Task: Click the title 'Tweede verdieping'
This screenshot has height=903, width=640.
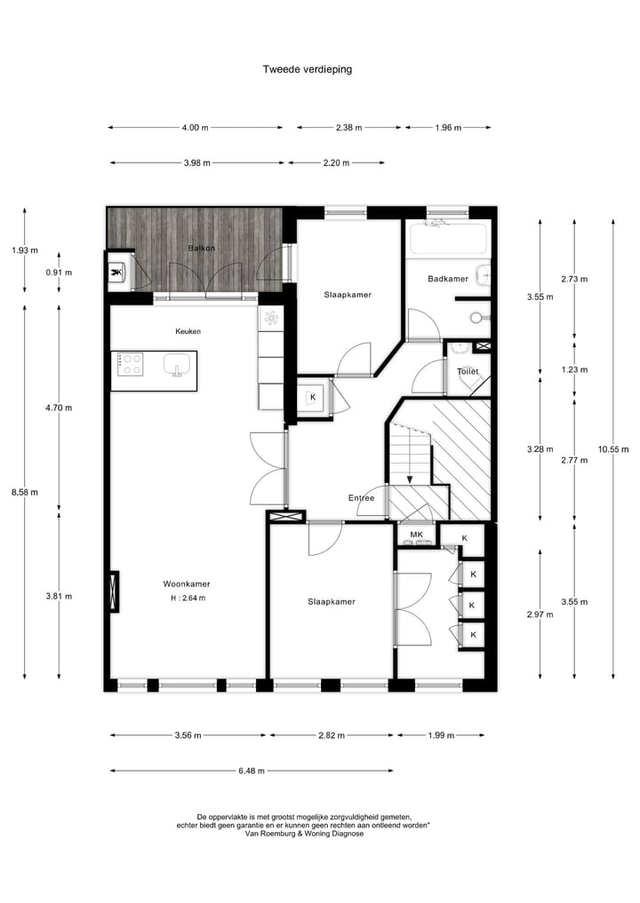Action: pyautogui.click(x=307, y=68)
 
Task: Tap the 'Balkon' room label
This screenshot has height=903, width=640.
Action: pyautogui.click(x=201, y=248)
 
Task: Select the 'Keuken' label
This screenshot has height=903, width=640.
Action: pyautogui.click(x=188, y=331)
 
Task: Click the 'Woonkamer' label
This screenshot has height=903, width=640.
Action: pyautogui.click(x=187, y=584)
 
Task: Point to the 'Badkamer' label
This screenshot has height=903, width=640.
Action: pyautogui.click(x=447, y=279)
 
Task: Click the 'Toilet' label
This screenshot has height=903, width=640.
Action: pyautogui.click(x=467, y=371)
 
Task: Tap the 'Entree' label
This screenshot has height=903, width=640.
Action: pyautogui.click(x=361, y=498)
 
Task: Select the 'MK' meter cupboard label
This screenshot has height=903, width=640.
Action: pyautogui.click(x=416, y=535)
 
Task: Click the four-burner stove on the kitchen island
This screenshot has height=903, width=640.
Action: pyautogui.click(x=132, y=364)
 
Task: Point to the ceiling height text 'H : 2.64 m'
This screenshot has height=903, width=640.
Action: pyautogui.click(x=188, y=598)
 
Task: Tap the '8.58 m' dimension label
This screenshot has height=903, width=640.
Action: pyautogui.click(x=24, y=494)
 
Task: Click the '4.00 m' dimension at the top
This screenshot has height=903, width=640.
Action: pyautogui.click(x=195, y=128)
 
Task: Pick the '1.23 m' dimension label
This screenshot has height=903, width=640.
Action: pyautogui.click(x=574, y=369)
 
